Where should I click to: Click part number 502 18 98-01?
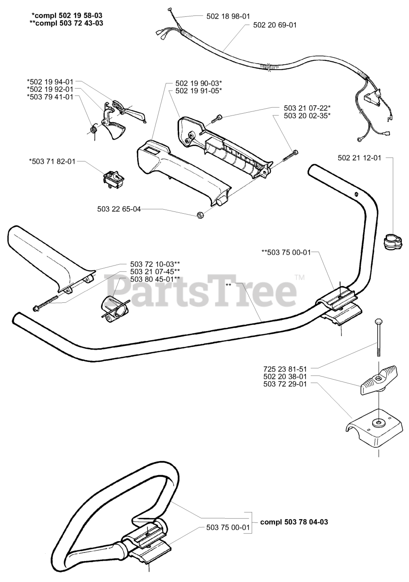(x=229, y=16)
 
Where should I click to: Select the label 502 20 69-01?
(x=274, y=25)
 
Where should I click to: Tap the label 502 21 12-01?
(x=359, y=158)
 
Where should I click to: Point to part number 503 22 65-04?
(x=119, y=209)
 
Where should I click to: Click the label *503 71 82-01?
(x=52, y=161)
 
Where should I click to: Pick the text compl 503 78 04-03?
(x=294, y=522)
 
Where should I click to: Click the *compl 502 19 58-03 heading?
(x=67, y=15)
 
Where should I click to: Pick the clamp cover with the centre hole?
(x=373, y=427)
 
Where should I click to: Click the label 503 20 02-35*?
(x=307, y=115)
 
